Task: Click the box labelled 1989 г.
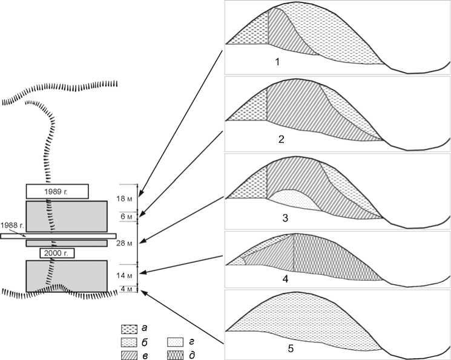pos(58,192)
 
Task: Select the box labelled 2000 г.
pos(57,253)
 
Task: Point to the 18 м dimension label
pos(125,198)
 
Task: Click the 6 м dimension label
pos(127,217)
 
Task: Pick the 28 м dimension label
pos(125,243)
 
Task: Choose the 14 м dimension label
pos(125,275)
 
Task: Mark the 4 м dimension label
pos(127,289)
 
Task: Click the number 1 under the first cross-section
pos(277,62)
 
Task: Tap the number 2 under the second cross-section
pos(281,139)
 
